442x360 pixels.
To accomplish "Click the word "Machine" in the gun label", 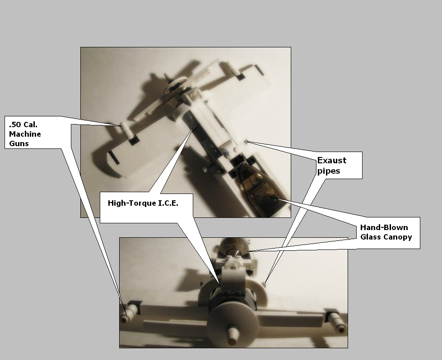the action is (x=25, y=134).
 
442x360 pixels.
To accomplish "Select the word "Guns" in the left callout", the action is (x=19, y=143).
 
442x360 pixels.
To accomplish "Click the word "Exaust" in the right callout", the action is (x=332, y=160).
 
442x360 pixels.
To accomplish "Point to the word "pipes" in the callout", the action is (x=329, y=171).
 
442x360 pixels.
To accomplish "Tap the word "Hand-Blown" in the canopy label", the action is (x=384, y=227).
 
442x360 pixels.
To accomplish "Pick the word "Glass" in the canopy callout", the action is (x=370, y=237).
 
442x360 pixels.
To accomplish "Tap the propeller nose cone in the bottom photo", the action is (x=233, y=335).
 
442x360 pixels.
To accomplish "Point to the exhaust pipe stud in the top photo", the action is (x=247, y=142).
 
